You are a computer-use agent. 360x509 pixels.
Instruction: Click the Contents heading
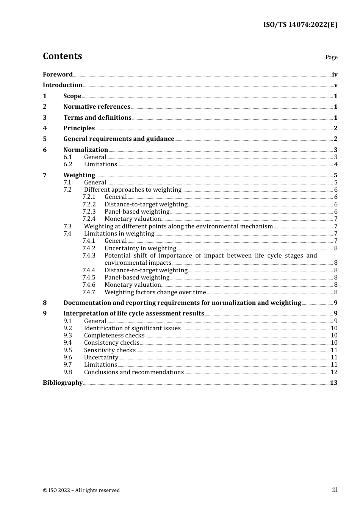62,56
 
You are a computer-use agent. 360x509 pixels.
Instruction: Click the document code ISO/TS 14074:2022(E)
300,25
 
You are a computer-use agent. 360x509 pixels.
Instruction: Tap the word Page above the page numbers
331,57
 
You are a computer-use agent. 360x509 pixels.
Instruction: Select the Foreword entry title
58,75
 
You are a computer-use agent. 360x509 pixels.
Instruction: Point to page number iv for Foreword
335,75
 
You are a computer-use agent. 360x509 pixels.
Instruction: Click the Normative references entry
97,107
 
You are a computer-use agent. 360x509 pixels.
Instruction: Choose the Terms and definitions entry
97,118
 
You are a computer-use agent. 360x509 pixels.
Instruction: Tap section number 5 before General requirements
45,139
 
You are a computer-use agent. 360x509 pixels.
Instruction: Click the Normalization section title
86,150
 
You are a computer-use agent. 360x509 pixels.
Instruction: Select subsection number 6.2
68,164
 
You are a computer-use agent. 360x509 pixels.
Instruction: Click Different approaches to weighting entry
133,190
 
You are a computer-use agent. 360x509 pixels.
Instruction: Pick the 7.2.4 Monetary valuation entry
133,219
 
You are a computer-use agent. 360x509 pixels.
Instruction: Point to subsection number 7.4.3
89,256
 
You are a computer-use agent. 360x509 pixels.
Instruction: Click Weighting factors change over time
155,292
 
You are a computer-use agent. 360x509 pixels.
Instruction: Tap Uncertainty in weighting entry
140,248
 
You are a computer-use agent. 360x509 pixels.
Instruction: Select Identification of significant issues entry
132,328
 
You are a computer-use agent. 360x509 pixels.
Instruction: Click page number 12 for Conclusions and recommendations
334,372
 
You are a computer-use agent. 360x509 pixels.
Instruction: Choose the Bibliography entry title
63,383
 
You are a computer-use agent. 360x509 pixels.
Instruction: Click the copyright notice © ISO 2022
81,490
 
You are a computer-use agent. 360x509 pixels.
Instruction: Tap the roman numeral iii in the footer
335,490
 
